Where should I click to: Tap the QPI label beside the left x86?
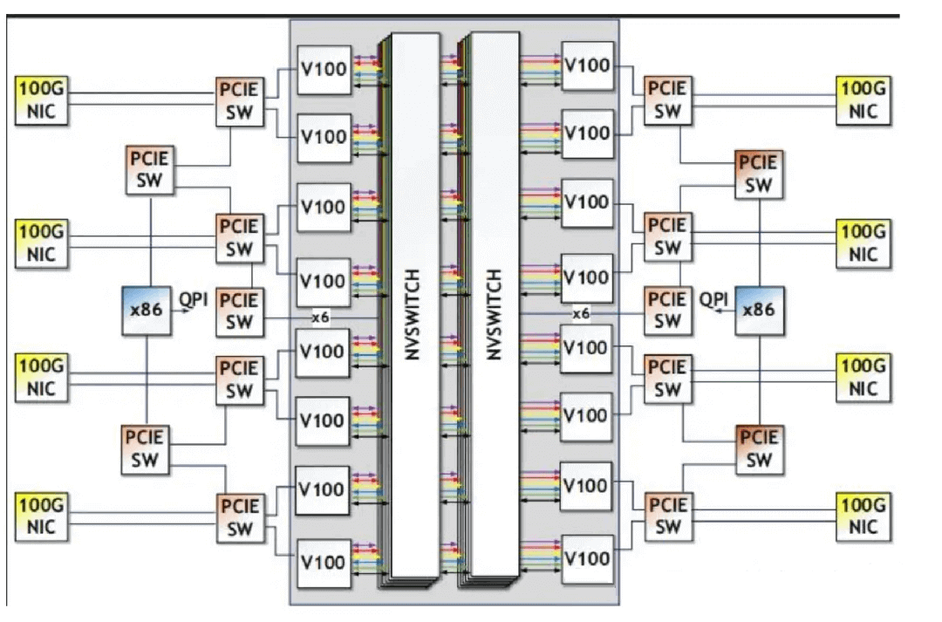[193, 300]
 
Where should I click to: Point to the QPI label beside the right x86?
[713, 299]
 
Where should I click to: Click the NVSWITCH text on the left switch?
[413, 313]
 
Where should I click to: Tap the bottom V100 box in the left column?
[324, 563]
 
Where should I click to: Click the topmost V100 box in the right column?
[587, 65]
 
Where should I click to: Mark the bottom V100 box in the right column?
[587, 558]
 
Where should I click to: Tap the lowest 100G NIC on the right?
[863, 516]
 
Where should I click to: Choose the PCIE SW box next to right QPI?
[667, 311]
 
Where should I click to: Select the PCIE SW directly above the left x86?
[151, 171]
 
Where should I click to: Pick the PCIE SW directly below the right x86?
[759, 448]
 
